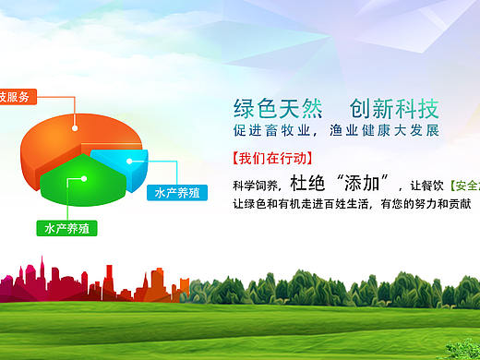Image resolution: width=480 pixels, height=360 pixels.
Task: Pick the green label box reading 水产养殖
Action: [66, 226]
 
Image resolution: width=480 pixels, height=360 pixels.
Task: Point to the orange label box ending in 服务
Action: [18, 96]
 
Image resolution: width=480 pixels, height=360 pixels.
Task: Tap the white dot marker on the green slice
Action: [84, 178]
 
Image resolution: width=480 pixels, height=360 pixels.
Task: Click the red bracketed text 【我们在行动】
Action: [272, 157]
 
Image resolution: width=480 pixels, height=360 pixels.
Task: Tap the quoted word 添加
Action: [368, 181]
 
